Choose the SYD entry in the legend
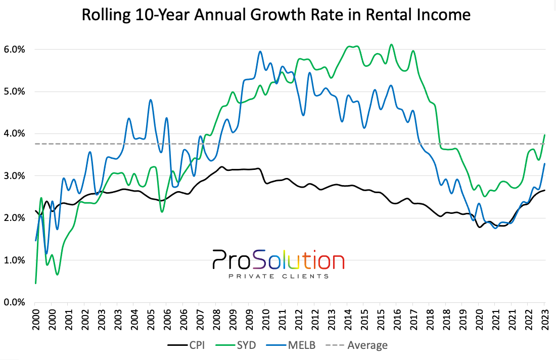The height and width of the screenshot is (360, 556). pos(238,345)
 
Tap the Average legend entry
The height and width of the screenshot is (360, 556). pos(360,345)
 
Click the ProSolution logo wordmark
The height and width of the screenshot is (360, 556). pos(277,260)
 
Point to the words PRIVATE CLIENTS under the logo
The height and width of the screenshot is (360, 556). pos(279,276)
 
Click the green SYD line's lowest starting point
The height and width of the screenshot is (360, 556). pos(35,283)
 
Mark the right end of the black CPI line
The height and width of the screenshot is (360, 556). pos(545,190)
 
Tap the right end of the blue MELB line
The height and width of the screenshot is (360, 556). pos(545,163)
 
